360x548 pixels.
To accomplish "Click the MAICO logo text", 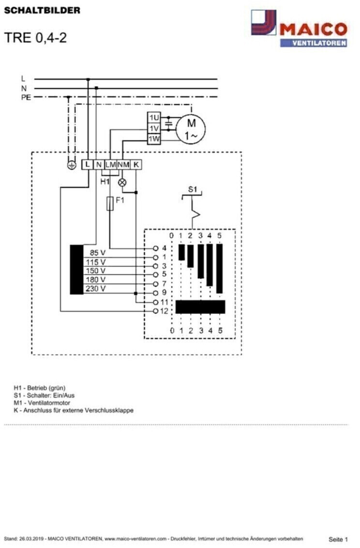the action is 313,29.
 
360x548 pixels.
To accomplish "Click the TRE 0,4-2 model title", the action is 35,38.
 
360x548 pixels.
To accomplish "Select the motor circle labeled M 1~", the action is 190,129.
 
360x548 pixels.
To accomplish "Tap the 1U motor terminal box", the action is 154,118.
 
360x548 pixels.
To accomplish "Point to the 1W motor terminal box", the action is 154,139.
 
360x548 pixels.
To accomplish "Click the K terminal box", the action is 136,164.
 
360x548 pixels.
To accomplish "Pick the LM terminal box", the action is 111,164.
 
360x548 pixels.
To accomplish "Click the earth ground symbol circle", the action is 72,165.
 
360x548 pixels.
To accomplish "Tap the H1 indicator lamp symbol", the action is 122,182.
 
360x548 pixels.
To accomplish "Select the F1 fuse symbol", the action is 110,203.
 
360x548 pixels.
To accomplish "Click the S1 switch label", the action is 193,189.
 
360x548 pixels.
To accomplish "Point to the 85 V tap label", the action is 97,253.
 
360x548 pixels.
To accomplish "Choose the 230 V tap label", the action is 95,289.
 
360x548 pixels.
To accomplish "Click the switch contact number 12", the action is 164,311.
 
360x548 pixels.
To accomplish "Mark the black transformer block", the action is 77,270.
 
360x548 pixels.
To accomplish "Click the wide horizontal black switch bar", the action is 200,307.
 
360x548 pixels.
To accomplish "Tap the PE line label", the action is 26,97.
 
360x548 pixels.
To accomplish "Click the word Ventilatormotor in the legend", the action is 49,403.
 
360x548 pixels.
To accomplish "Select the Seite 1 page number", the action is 338,539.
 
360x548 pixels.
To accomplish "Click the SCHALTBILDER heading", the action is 42,10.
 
